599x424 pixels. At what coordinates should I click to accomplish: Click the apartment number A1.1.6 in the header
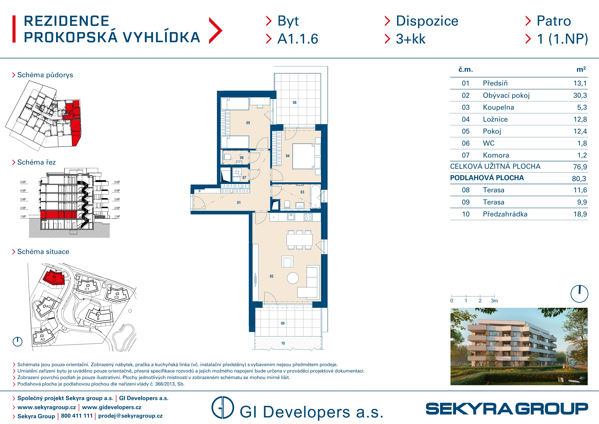click(x=298, y=39)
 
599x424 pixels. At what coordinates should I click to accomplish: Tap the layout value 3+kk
click(x=411, y=39)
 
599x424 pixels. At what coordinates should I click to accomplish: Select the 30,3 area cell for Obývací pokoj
click(x=580, y=95)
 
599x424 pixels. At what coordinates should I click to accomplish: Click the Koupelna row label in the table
click(x=498, y=107)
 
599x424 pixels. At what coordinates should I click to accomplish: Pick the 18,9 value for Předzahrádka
click(x=580, y=214)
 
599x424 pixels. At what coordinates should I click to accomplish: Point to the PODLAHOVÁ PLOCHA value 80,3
click(x=579, y=179)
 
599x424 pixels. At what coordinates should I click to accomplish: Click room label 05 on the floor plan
click(x=248, y=123)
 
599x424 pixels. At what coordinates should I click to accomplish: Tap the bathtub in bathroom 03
click(x=315, y=197)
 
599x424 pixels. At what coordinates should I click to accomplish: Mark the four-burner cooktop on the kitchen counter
click(x=308, y=217)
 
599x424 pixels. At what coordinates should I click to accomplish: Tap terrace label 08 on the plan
click(x=295, y=103)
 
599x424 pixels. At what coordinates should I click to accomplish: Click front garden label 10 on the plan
click(x=283, y=343)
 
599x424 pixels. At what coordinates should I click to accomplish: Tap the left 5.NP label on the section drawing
click(x=23, y=182)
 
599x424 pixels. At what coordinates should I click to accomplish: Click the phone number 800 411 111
click(x=77, y=416)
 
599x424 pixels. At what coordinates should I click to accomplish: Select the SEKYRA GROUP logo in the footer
click(x=507, y=409)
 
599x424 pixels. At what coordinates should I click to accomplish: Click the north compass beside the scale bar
click(x=579, y=294)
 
